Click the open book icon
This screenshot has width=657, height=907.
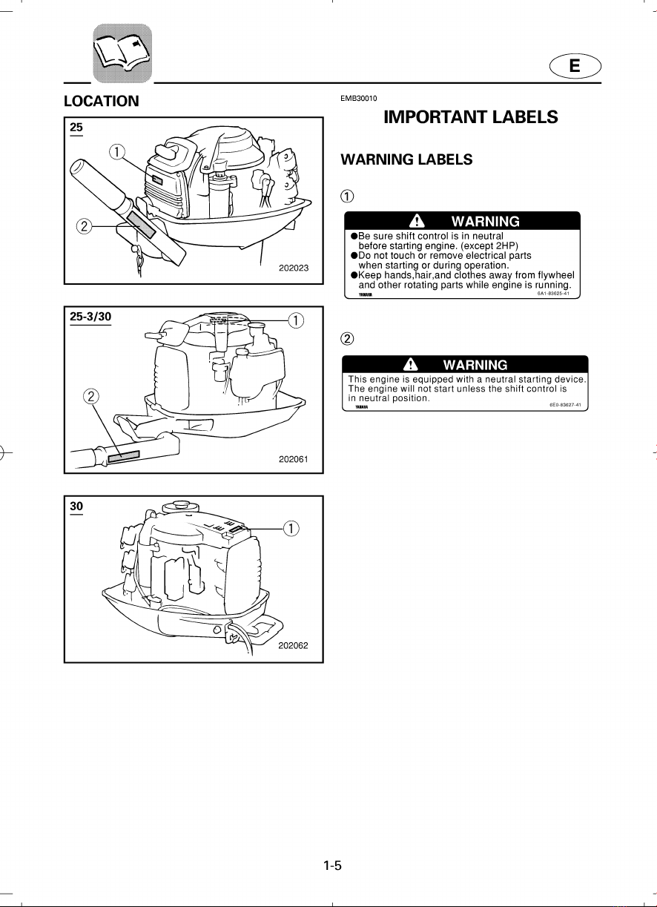pos(122,53)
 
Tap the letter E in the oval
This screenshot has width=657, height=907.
pos(575,65)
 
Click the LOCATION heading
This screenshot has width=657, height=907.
pos(101,101)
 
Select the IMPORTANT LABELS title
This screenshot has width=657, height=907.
pos(470,117)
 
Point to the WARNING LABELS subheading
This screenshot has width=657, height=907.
pos(406,159)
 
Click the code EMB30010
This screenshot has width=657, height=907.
pos(358,99)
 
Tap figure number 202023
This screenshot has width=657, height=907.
pos(294,268)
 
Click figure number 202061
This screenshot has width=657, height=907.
pos(294,459)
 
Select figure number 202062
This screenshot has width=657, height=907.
pos(293,645)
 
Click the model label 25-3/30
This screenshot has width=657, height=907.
pos(90,317)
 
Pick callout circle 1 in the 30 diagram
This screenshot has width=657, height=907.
pos(291,529)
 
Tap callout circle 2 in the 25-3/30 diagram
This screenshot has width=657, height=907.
pos(90,396)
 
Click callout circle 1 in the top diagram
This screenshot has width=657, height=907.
pos(117,152)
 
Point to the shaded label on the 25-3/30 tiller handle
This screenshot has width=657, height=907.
pos(124,456)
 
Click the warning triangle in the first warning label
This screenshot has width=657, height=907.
pos(417,221)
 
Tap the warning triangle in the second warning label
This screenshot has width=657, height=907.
pos(411,364)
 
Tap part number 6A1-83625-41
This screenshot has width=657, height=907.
pos(553,294)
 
